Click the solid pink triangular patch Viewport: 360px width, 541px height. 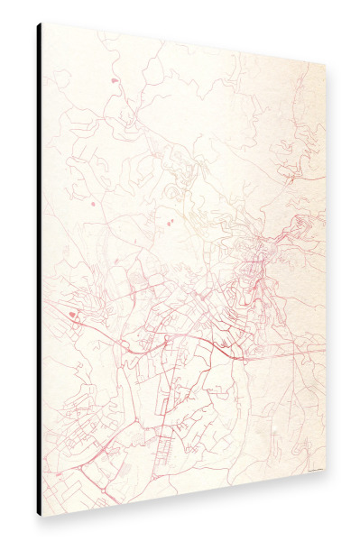[71, 315]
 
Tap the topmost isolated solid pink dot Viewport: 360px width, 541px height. [115, 81]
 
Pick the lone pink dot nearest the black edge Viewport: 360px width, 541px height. [92, 203]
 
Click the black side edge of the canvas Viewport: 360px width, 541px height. [39, 270]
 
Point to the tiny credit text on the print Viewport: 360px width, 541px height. [315, 467]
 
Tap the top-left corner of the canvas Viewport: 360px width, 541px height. [42, 23]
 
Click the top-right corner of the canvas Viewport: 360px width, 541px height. [326, 64]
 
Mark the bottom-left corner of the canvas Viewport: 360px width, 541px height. [42, 516]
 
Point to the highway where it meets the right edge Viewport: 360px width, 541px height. [321, 348]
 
